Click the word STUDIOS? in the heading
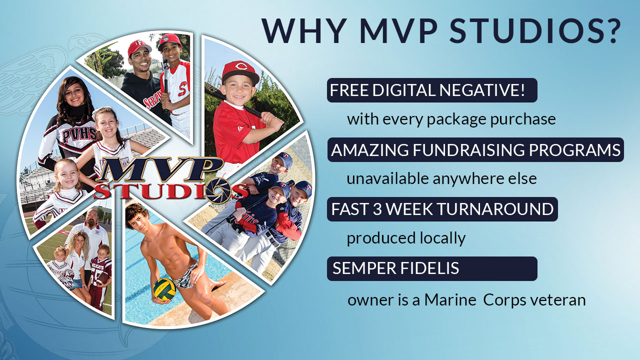(x=534, y=31)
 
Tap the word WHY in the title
(x=303, y=31)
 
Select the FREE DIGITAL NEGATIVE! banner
(x=432, y=90)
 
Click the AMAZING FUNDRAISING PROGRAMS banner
(x=475, y=149)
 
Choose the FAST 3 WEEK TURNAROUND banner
(x=442, y=209)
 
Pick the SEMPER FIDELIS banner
(x=432, y=268)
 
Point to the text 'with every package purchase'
(x=451, y=119)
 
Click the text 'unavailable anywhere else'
(x=441, y=179)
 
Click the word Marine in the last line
(x=450, y=300)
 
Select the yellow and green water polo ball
(x=164, y=289)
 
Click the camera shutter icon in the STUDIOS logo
(x=219, y=189)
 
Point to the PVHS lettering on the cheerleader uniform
(x=79, y=135)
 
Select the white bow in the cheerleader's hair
(x=98, y=112)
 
